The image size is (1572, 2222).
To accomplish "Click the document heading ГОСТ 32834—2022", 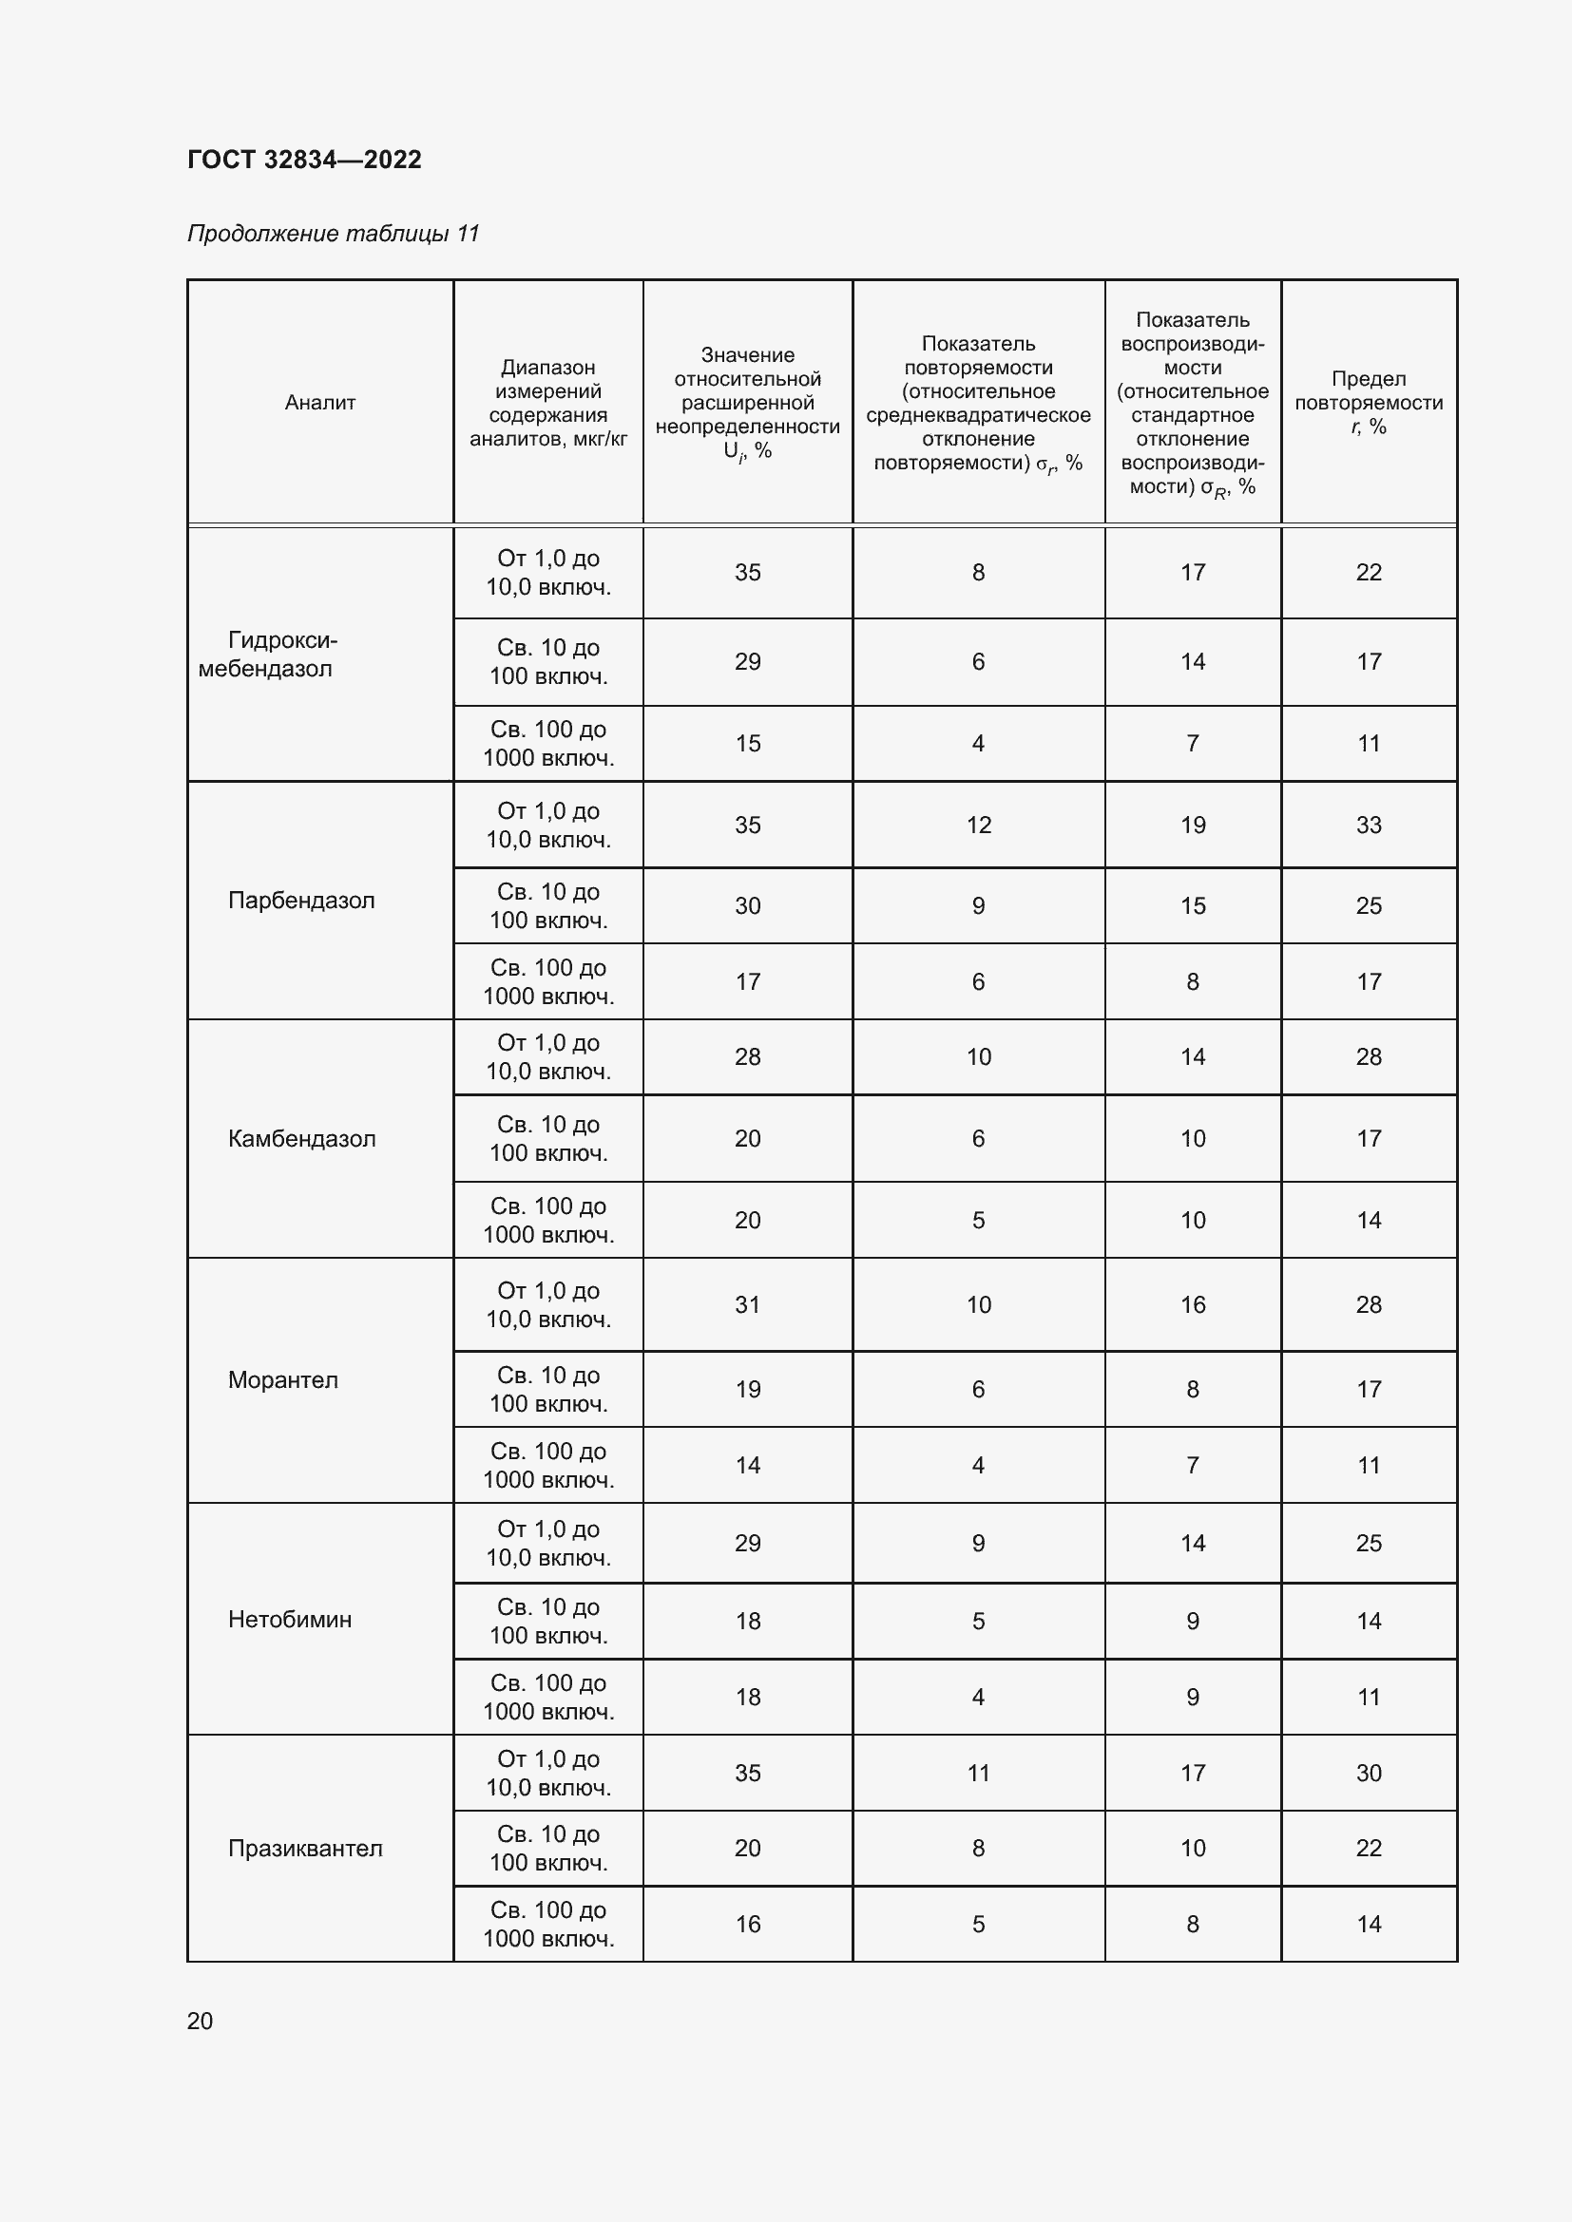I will [304, 160].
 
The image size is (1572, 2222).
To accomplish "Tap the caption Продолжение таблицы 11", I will [333, 234].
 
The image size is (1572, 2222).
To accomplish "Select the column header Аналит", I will [319, 403].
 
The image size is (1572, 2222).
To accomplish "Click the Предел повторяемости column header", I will [1368, 403].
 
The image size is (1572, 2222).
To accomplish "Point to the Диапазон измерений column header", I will [547, 403].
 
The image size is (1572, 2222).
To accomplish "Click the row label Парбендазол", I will [301, 900].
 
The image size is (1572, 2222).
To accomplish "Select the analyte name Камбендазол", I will [301, 1138].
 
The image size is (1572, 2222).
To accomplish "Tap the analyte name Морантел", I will [282, 1379].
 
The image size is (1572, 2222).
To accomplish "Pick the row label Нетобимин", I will [290, 1619].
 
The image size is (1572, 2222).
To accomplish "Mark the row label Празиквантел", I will [305, 1849].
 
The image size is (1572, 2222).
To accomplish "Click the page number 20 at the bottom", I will [200, 2021].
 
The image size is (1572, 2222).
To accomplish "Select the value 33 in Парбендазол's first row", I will [1368, 825].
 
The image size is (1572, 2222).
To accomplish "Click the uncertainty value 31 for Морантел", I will [747, 1304].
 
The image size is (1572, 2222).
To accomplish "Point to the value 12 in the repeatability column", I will [979, 825].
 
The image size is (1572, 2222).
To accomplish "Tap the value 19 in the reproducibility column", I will [1193, 825].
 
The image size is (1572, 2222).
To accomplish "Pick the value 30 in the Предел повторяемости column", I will [1368, 1773].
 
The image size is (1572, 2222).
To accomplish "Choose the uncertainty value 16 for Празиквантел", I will [747, 1924].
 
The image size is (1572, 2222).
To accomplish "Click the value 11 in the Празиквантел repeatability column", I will [979, 1773].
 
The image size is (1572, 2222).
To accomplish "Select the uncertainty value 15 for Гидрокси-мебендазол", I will [747, 743].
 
